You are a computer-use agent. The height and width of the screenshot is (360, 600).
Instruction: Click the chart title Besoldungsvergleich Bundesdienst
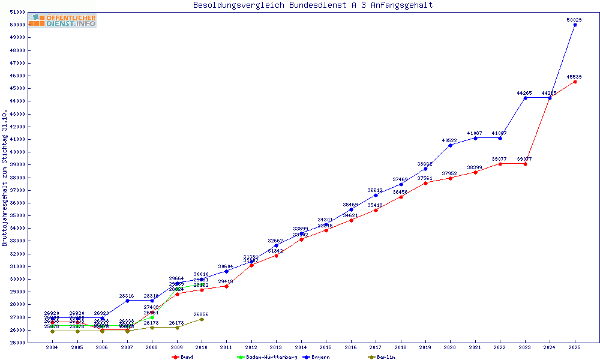[313, 5]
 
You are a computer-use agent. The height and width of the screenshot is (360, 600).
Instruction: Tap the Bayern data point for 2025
[575, 25]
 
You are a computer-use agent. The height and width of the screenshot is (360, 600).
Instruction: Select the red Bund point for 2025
[575, 82]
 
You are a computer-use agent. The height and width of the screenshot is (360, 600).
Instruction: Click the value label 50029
[574, 20]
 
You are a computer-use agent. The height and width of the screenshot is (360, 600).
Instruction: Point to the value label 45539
[574, 77]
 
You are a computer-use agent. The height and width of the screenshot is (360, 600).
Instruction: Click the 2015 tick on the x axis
[326, 347]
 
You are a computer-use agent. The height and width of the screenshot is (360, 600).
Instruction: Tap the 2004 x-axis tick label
[52, 347]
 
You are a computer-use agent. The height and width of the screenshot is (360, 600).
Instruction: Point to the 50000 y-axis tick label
[17, 25]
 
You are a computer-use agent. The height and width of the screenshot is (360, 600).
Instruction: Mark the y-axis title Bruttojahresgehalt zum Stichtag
[5, 178]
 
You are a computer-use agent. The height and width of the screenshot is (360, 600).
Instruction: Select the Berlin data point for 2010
[202, 319]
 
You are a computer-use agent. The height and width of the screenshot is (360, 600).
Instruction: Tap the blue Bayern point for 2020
[450, 145]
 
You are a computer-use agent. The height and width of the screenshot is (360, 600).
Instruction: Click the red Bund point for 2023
[525, 164]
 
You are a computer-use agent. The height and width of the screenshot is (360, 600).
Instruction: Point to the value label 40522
[449, 140]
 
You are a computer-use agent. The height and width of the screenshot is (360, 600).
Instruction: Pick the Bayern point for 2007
[127, 301]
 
